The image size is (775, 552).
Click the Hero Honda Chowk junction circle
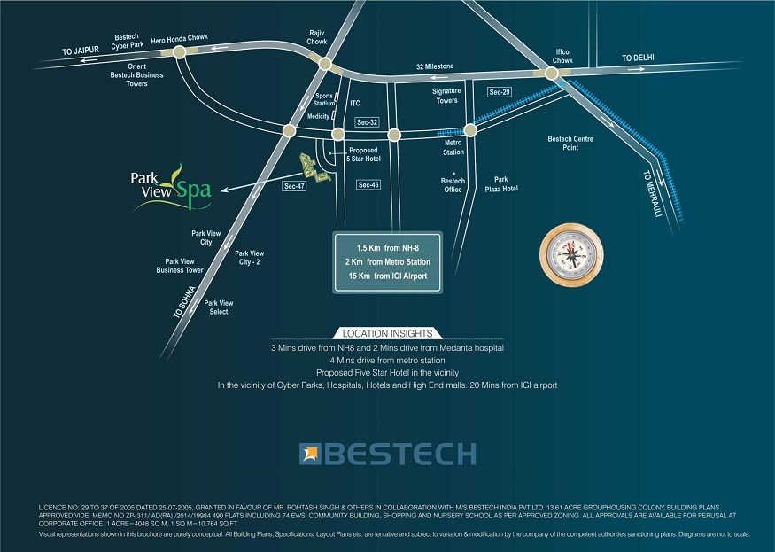(180, 53)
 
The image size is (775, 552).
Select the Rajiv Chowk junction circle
(325, 64)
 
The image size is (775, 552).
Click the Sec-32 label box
(367, 121)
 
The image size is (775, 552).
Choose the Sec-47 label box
(294, 187)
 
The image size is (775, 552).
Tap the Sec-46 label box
(368, 184)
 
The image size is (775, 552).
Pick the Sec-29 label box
(500, 92)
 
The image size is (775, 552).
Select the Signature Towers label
(446, 96)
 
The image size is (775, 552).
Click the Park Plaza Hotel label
(500, 184)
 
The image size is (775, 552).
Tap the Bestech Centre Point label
(570, 143)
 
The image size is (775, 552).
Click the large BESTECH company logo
(387, 455)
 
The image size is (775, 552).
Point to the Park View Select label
(218, 307)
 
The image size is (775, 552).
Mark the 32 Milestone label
(435, 66)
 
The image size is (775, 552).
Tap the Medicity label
(318, 116)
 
